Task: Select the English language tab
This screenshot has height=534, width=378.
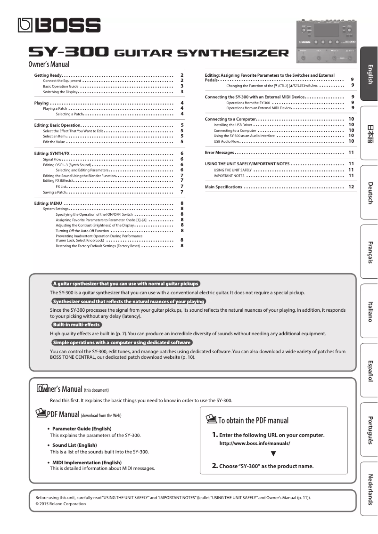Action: [x=370, y=74]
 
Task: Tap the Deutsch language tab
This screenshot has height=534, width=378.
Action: [x=370, y=193]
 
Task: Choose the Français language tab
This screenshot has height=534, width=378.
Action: [x=370, y=252]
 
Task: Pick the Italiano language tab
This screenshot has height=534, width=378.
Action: [x=370, y=311]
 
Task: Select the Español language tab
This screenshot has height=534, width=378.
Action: [x=370, y=370]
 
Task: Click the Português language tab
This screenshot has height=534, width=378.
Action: [x=370, y=429]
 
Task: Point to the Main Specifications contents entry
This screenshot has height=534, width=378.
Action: [x=223, y=187]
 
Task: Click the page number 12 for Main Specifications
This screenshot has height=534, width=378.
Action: [x=351, y=187]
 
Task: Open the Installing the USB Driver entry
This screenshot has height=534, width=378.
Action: [x=233, y=125]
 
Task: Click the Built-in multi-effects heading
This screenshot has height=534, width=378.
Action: [x=76, y=324]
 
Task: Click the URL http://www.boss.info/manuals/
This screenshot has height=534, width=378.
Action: [x=255, y=444]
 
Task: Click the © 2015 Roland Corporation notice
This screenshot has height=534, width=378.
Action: [x=61, y=503]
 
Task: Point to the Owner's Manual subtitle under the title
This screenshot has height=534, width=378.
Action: [x=49, y=65]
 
